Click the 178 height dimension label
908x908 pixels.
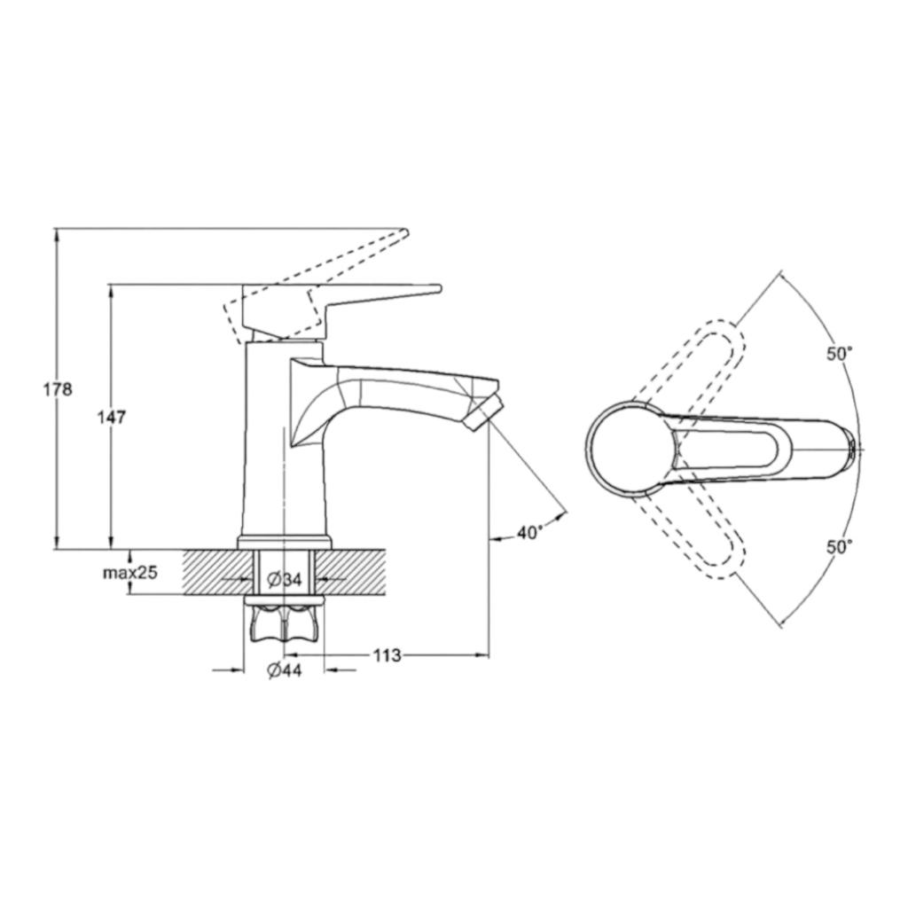pos(58,389)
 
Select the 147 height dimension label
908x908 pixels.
pos(111,417)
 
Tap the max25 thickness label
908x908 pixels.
pos(130,573)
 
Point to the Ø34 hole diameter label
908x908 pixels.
pos(285,578)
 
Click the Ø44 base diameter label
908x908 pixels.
pos(285,670)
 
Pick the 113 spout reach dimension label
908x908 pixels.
pos(387,655)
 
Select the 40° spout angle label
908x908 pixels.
pos(530,532)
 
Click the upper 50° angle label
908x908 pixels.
pos(839,354)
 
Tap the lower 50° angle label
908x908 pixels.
pos(839,546)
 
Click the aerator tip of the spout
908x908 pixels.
pos(482,411)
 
